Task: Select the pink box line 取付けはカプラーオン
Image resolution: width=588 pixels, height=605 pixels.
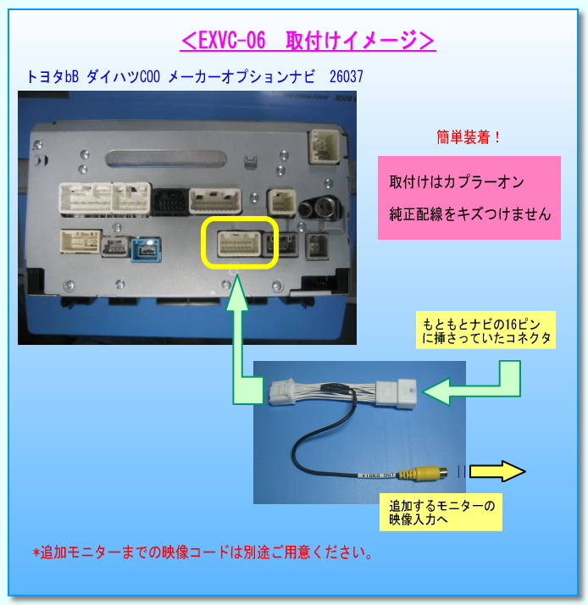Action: tap(457, 183)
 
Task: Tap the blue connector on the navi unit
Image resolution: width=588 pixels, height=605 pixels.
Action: tap(144, 249)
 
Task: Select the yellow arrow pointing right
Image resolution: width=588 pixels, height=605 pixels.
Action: tap(498, 472)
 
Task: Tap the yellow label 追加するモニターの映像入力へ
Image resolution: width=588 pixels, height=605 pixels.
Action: tap(441, 513)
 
